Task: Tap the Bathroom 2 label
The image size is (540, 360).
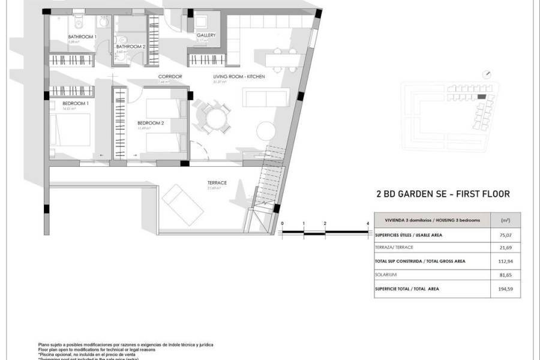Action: coord(131,46)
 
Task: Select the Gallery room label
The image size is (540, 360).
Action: coord(206,35)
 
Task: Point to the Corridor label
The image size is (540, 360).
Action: coord(170,77)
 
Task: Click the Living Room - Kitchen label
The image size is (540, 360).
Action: coord(239,77)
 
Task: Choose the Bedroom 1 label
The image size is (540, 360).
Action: coord(76,103)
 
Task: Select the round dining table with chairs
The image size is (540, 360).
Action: coord(214,118)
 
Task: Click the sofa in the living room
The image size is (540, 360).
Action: coord(266,97)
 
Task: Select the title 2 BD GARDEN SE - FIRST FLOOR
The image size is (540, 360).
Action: coord(441,194)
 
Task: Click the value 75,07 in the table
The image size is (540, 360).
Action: coord(505,235)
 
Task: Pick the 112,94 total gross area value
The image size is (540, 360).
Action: coord(505,261)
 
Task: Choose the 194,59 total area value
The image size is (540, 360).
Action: coord(505,289)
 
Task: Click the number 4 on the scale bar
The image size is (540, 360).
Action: coord(367,223)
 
